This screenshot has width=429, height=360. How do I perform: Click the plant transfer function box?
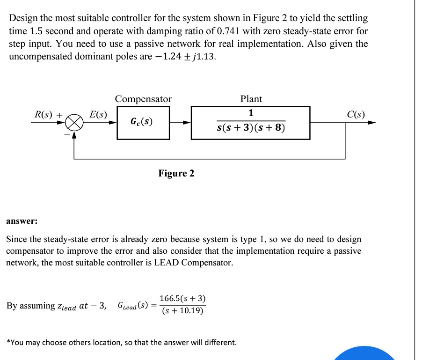pyautogui.click(x=250, y=123)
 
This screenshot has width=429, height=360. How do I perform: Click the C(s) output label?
pyautogui.click(x=356, y=114)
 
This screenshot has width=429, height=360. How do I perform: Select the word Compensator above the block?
pyautogui.click(x=143, y=99)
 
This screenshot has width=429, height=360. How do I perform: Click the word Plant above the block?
pyautogui.click(x=251, y=99)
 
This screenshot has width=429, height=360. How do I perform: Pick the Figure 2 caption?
pyautogui.click(x=176, y=174)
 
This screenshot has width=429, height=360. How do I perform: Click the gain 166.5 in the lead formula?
pyautogui.click(x=169, y=299)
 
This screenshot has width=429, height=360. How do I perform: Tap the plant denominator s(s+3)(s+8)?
pyautogui.click(x=250, y=128)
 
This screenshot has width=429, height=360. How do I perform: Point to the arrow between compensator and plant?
pyautogui.click(x=181, y=123)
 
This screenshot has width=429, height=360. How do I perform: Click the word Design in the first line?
pyautogui.click(x=23, y=19)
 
